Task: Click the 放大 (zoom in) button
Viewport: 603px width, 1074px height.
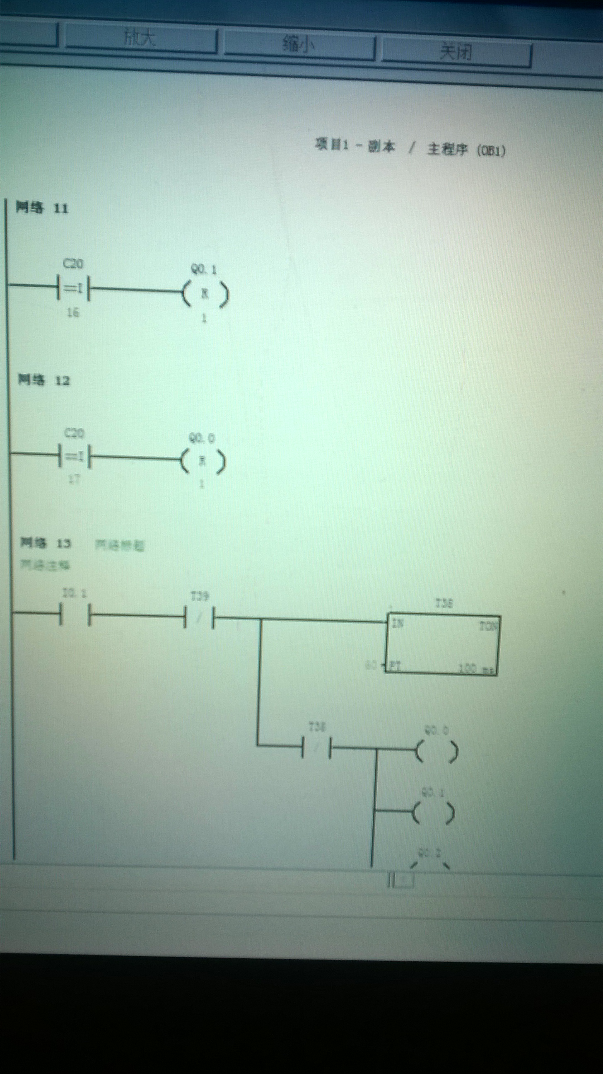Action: [140, 39]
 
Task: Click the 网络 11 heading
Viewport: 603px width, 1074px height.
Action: [42, 208]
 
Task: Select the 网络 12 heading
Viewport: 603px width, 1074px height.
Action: [43, 380]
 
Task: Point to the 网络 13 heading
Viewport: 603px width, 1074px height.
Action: [46, 543]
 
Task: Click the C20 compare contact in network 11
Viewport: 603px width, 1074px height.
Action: [73, 288]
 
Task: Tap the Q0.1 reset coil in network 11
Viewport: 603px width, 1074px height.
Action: [205, 294]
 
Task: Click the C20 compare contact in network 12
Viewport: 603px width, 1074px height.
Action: [75, 457]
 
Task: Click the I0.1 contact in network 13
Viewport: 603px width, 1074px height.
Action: [75, 614]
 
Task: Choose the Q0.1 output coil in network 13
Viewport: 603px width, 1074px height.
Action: [433, 813]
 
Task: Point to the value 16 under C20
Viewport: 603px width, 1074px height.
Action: [73, 312]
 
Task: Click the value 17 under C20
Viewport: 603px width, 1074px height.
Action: [73, 480]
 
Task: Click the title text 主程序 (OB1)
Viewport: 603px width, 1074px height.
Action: [466, 150]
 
